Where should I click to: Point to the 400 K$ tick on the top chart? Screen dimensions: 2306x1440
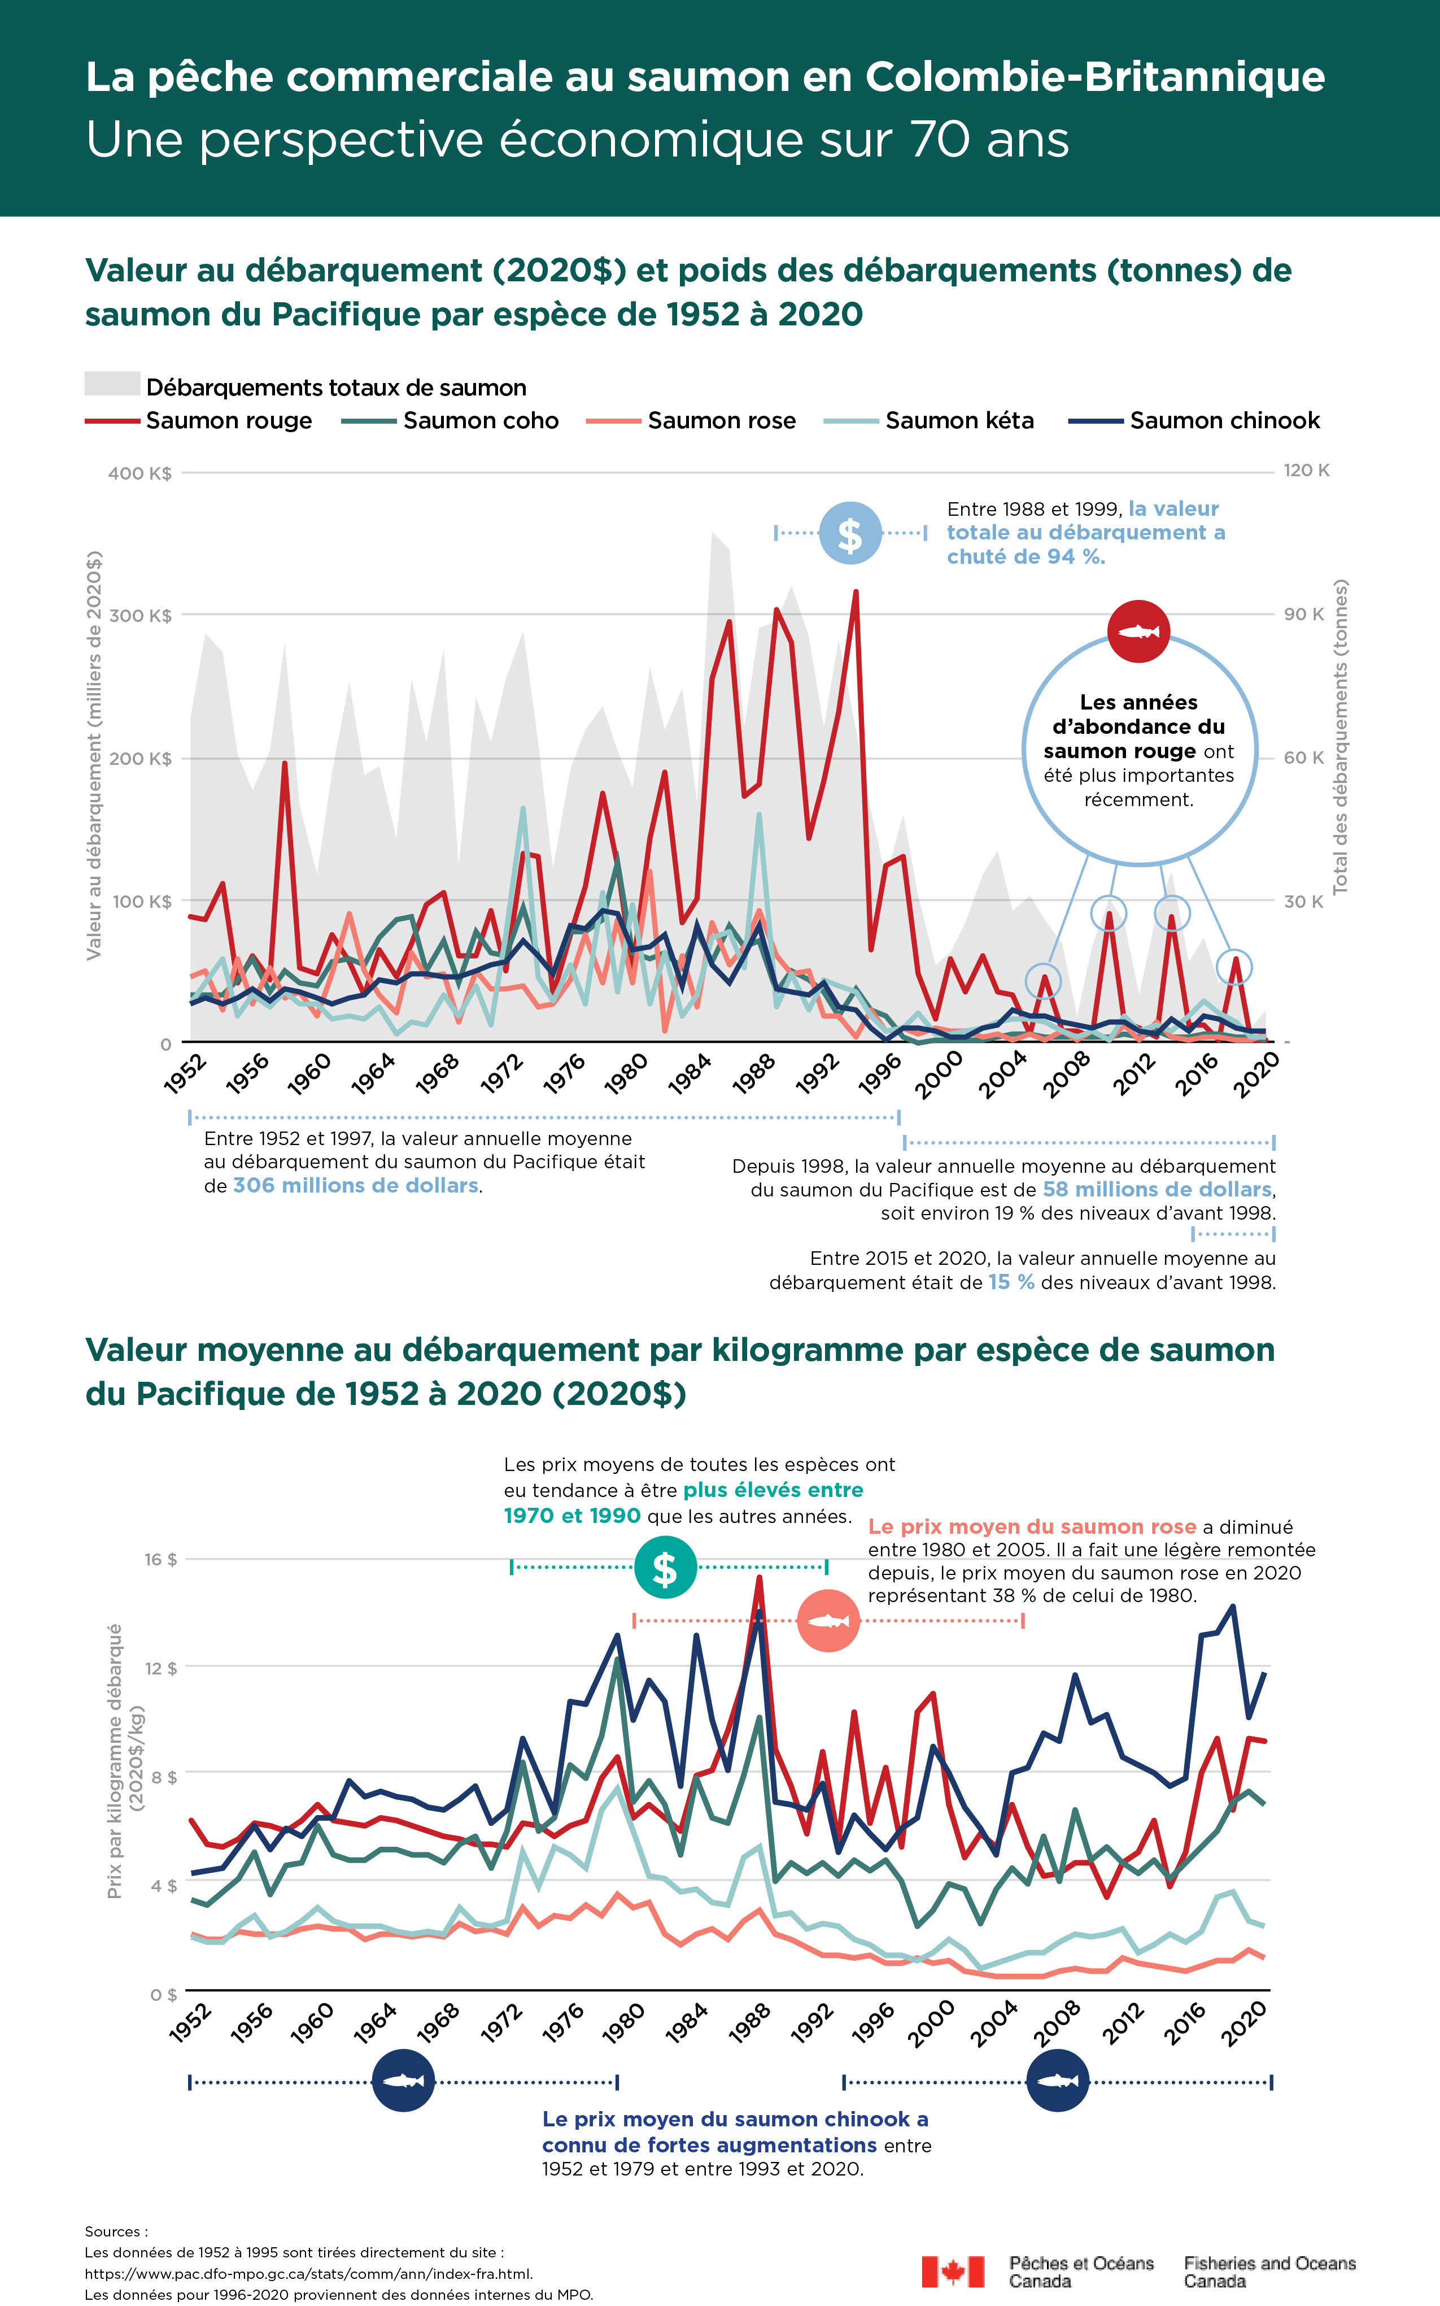point(139,473)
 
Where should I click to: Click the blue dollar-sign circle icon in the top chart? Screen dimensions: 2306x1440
point(850,533)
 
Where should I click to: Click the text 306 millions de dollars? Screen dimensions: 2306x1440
point(355,1186)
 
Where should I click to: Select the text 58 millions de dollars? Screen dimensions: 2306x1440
point(1156,1190)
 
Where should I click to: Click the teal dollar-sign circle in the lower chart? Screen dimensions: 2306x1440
point(665,1567)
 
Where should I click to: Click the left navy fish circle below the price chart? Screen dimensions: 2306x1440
point(403,2081)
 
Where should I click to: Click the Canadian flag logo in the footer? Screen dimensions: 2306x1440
point(953,2271)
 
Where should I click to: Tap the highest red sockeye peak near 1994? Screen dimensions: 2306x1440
point(855,593)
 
